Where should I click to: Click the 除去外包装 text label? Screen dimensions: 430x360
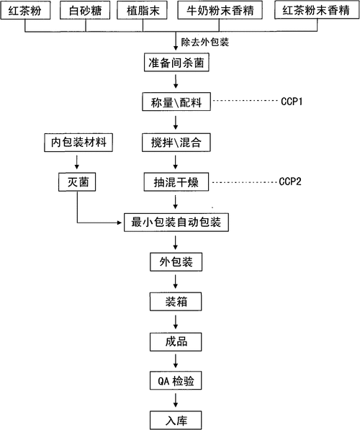point(205,42)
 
